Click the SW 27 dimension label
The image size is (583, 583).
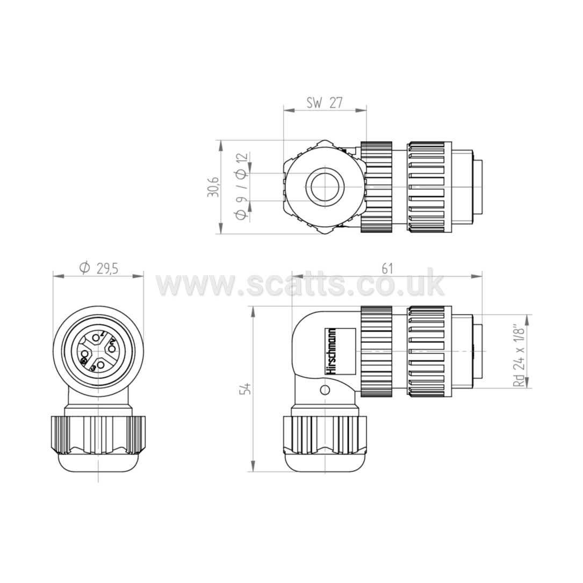324,103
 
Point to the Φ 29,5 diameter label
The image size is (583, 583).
99,268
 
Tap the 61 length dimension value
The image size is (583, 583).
387,269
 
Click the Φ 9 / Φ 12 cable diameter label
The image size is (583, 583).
241,187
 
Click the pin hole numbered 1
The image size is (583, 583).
96,337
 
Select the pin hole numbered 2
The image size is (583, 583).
111,349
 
